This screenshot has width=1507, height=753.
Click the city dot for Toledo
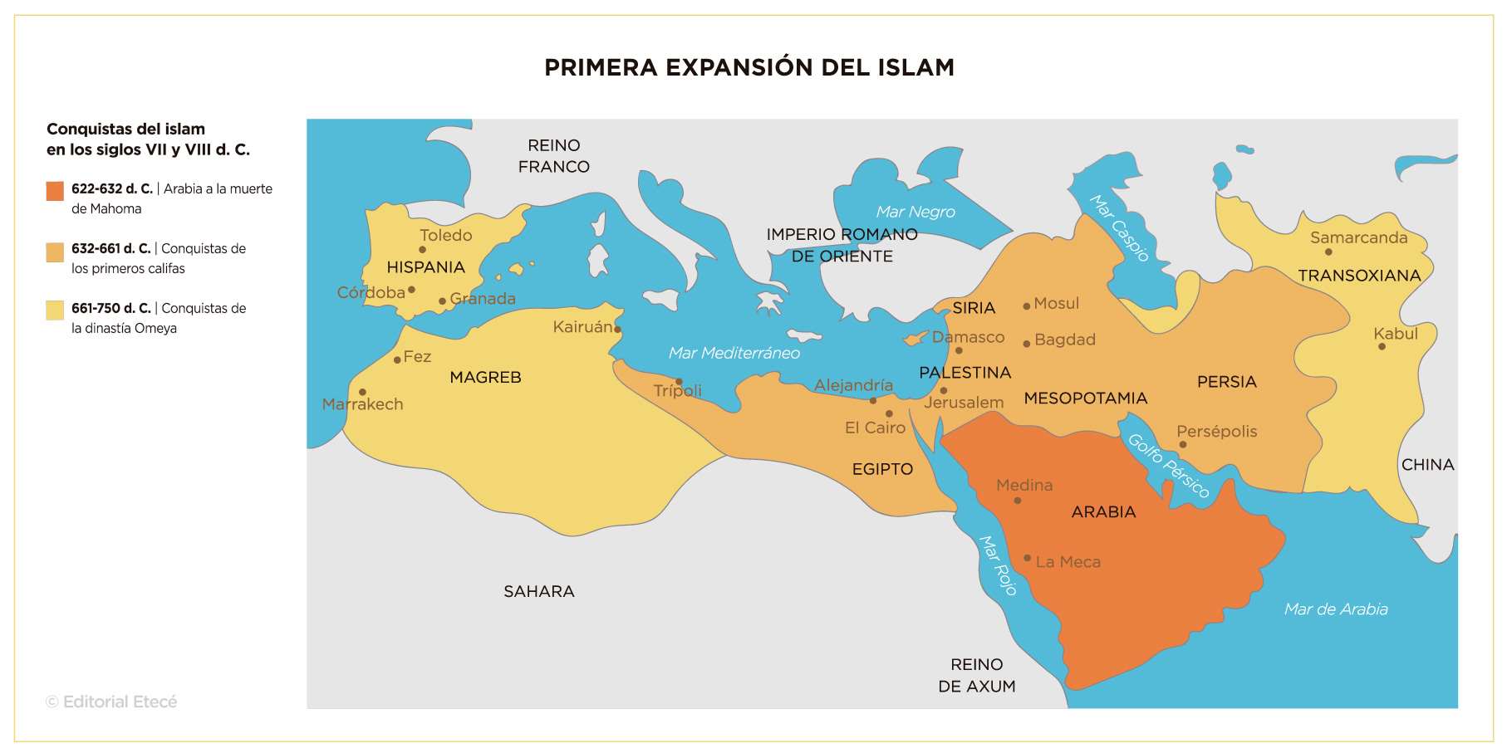pos(422,249)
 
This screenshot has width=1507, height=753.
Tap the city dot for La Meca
pos(1027,558)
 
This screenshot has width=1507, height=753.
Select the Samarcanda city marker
pos(1328,252)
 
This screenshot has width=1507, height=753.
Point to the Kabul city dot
pos(1382,346)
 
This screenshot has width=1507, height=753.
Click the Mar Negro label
pos(915,212)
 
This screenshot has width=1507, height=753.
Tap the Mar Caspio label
pos(1119,228)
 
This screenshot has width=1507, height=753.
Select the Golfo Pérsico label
pos(1168,466)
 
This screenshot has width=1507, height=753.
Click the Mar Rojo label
pos(998,565)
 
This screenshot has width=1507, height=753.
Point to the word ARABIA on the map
pos(1103,512)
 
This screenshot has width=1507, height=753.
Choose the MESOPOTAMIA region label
pos(1085,399)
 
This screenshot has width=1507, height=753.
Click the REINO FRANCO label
pos(553,156)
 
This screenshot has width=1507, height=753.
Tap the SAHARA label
pos(538,591)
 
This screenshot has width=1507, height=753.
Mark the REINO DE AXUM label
pos(977,675)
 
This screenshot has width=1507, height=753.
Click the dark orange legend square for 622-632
pos(55,191)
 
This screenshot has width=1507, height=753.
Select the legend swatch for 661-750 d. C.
pos(55,310)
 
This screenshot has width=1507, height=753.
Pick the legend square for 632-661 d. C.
pos(55,252)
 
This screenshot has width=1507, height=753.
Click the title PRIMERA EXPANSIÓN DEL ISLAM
pos(749,67)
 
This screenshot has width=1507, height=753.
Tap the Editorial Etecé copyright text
pos(111,702)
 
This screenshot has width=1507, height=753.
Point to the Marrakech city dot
pos(362,392)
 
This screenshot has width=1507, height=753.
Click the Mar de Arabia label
pos(1335,609)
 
